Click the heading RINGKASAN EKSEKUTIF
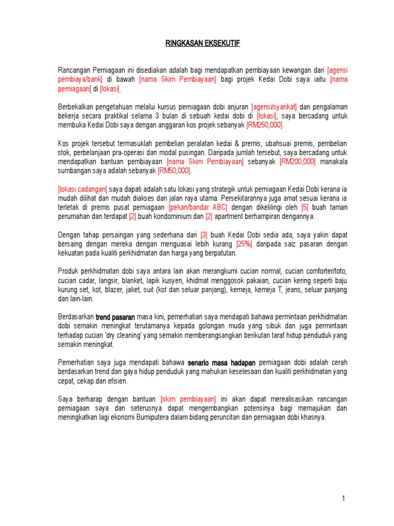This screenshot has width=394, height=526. click(203, 44)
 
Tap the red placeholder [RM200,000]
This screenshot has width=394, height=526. click(298, 162)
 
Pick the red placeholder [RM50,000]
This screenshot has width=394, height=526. click(174, 171)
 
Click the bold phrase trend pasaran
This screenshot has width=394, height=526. click(115, 317)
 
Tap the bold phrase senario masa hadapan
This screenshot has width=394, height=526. click(222, 363)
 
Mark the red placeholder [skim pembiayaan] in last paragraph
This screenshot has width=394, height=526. click(188, 400)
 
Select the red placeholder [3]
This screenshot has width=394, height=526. click(204, 235)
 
